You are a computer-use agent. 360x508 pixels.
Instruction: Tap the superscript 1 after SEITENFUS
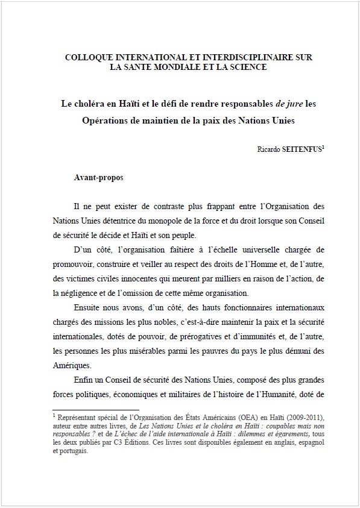tap(324, 145)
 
